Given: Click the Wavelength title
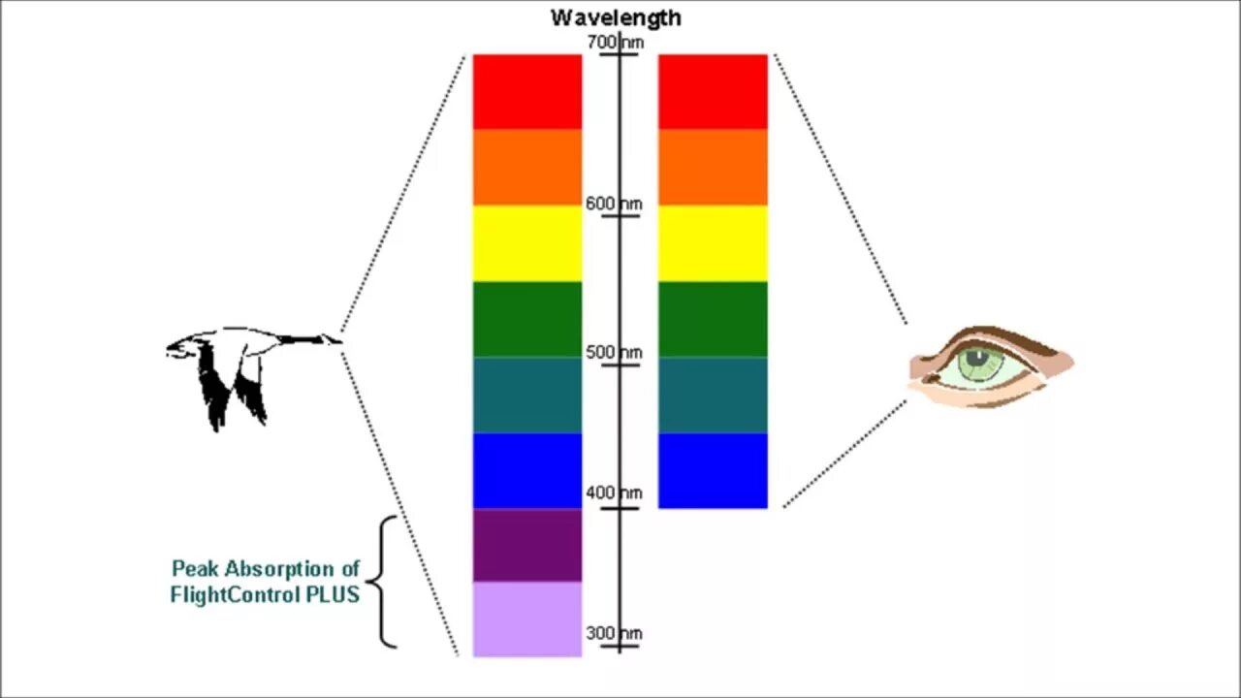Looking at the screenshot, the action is click(616, 17).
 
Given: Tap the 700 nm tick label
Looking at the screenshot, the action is click(615, 43).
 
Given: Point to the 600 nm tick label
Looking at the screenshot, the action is click(614, 205).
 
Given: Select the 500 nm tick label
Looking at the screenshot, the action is click(614, 353).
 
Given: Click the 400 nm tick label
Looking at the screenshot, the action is click(614, 493).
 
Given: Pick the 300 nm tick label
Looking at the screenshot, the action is click(614, 634).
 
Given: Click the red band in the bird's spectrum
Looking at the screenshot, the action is click(526, 91).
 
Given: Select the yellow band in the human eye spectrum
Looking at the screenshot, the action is click(713, 242).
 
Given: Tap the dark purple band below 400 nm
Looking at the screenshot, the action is click(526, 545).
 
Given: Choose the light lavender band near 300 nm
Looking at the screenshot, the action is click(526, 619).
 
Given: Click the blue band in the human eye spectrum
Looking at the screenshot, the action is click(713, 470).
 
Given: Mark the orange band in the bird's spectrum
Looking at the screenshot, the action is click(526, 167).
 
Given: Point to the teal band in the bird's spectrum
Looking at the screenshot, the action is click(526, 395).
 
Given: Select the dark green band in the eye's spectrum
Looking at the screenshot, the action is click(713, 319).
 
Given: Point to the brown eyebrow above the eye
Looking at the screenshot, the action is click(1008, 339).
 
